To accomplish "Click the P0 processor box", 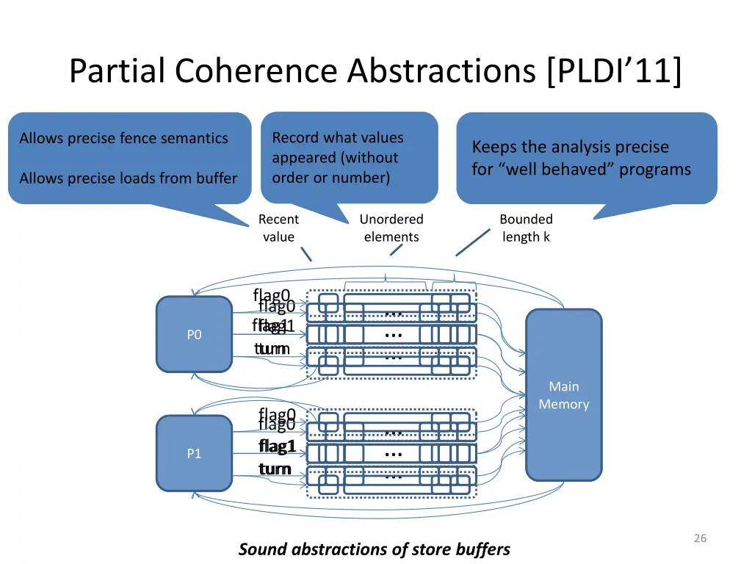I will coord(194,335).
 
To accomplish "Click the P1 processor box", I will coord(194,454).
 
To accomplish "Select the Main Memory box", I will coord(563,395).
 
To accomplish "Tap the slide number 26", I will coord(700,538).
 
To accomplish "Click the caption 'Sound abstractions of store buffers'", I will coord(374,549).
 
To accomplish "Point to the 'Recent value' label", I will coord(278,228).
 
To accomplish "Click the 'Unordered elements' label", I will coord(391,228).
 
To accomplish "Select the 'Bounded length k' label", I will coord(526,228).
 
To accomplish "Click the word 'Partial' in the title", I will coord(120,71).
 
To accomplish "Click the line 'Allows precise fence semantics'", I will coord(123,138).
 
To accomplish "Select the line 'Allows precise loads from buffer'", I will coord(128,178).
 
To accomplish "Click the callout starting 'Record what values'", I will coord(349,157).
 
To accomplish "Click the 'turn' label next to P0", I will coord(272,349).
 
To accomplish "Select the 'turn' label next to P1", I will coord(275,469).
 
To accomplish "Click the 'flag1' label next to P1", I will coord(277,446).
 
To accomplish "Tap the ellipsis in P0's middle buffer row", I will coord(394,335).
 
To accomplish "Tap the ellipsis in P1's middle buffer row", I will coord(394,454).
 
